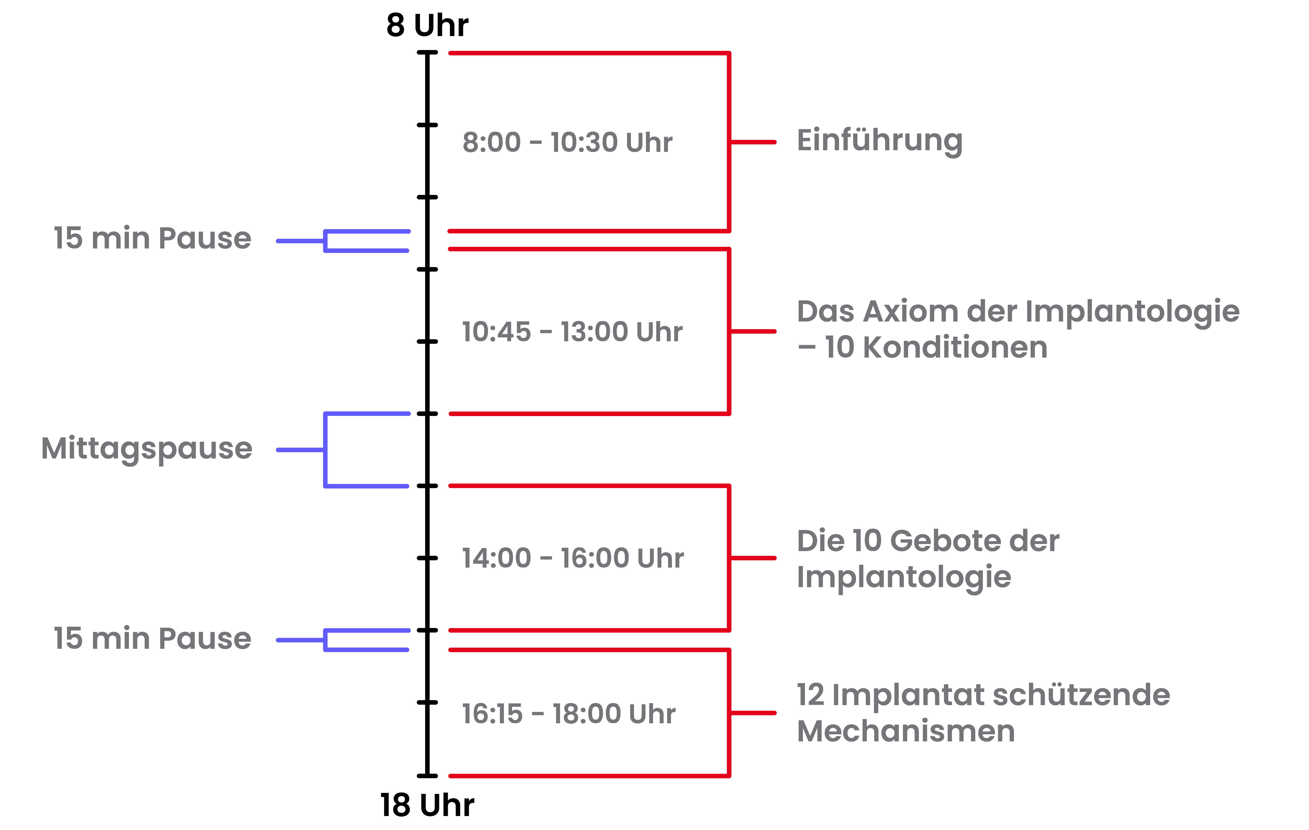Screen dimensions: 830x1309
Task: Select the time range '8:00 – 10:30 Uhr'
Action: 567,142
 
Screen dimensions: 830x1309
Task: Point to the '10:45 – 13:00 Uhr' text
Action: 572,332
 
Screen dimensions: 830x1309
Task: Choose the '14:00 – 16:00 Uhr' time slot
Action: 572,558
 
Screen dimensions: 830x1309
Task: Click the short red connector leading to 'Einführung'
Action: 753,142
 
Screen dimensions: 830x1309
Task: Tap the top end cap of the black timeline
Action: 427,53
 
